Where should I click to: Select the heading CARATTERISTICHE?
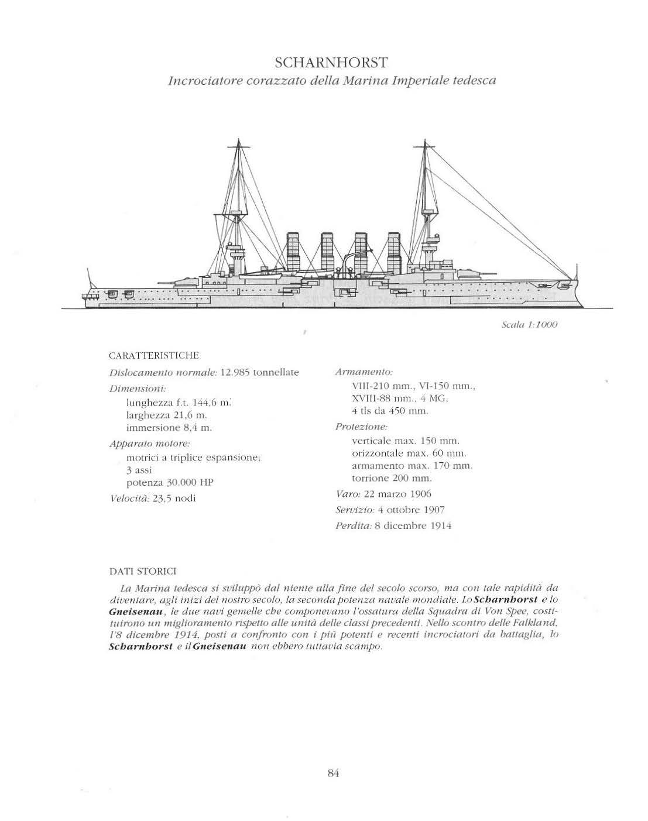point(155,356)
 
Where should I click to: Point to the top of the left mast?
point(238,140)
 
